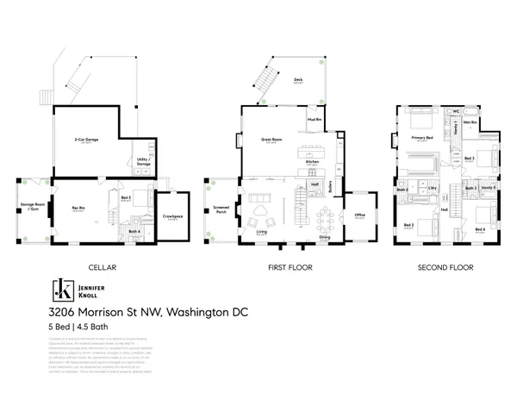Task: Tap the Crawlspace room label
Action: click(171, 218)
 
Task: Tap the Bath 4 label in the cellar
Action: click(134, 230)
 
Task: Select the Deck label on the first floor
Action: click(298, 80)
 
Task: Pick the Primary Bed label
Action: click(421, 138)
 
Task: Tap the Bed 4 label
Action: click(480, 230)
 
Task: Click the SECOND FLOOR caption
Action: click(445, 267)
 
